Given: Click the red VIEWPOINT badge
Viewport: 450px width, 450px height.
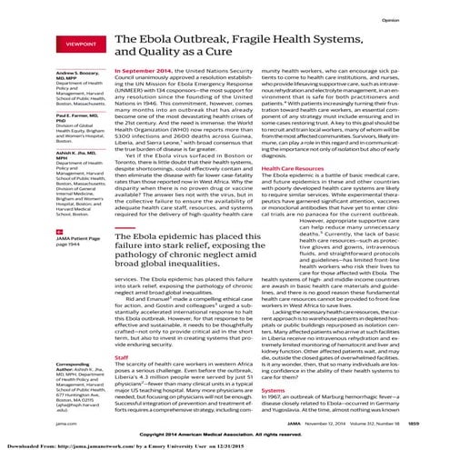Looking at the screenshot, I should point(53,43).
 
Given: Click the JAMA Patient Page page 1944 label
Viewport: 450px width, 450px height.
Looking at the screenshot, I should point(55,217).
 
